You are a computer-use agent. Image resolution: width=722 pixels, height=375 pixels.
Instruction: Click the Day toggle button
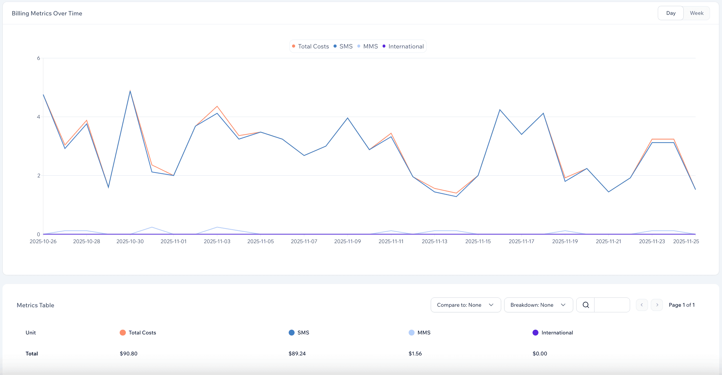click(x=670, y=13)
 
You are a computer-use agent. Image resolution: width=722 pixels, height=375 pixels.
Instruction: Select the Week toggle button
click(x=696, y=13)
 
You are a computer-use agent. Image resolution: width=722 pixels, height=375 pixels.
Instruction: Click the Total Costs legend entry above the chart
click(x=310, y=46)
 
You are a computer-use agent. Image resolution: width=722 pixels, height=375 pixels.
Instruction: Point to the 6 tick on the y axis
click(x=38, y=58)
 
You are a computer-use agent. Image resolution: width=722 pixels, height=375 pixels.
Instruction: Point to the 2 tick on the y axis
click(x=38, y=175)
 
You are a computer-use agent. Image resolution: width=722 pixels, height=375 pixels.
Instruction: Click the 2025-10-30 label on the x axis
click(x=130, y=241)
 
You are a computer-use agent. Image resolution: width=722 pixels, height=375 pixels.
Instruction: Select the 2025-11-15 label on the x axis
click(x=478, y=241)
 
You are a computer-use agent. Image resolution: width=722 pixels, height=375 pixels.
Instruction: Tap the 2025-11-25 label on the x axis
click(x=686, y=241)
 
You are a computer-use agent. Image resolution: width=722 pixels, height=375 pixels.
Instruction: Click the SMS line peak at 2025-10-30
click(x=130, y=92)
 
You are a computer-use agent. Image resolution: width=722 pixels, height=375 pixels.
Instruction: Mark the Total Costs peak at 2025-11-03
click(x=217, y=106)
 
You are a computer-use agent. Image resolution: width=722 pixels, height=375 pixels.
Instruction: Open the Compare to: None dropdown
click(x=465, y=305)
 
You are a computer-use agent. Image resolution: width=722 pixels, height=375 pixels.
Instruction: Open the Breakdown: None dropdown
click(x=538, y=305)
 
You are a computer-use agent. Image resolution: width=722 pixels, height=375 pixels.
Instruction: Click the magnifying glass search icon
click(x=586, y=305)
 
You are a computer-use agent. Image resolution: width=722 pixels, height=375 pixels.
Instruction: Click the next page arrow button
click(x=657, y=305)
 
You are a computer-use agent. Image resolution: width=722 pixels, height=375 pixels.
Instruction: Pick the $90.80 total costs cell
click(x=129, y=353)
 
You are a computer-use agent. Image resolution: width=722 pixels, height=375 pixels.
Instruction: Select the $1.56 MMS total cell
click(x=415, y=353)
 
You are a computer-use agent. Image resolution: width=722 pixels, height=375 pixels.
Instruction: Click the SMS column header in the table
click(x=303, y=332)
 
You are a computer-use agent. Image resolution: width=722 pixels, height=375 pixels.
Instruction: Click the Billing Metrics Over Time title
click(x=47, y=13)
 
